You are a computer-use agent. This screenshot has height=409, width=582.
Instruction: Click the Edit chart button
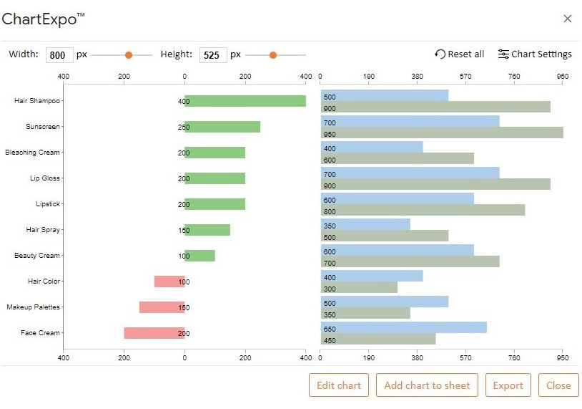click(339, 385)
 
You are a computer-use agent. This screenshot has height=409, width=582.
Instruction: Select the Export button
click(508, 385)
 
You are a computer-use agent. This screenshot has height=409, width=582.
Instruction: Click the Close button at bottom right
click(558, 385)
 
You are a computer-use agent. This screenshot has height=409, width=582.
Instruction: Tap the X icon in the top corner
click(568, 19)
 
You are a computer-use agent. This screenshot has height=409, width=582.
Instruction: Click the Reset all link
click(459, 54)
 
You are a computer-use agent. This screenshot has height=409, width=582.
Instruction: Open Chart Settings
click(535, 54)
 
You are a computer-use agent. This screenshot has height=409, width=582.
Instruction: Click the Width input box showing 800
click(59, 55)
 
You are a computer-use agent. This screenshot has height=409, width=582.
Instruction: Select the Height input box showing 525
click(213, 55)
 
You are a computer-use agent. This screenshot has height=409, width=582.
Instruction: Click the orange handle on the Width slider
click(129, 55)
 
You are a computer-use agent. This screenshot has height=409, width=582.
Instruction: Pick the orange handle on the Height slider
click(272, 55)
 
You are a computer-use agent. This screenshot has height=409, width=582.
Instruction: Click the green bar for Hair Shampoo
click(245, 101)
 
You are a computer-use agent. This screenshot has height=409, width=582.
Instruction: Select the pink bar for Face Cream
click(154, 333)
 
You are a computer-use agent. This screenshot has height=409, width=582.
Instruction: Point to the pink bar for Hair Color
click(169, 282)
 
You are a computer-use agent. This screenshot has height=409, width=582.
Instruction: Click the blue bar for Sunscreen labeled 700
click(410, 122)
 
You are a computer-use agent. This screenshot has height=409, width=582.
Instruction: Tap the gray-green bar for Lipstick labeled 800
click(423, 211)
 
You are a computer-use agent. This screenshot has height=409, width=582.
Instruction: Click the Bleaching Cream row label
click(33, 153)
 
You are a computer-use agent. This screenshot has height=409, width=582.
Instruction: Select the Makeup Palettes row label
click(34, 307)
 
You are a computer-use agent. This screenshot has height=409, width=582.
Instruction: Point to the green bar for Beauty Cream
click(200, 256)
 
